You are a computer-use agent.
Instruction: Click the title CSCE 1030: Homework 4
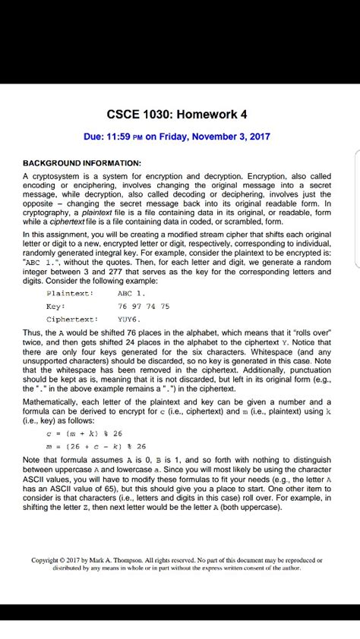coord(179,115)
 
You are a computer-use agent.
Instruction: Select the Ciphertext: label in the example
coord(73,319)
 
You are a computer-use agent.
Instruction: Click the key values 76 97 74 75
coord(144,306)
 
